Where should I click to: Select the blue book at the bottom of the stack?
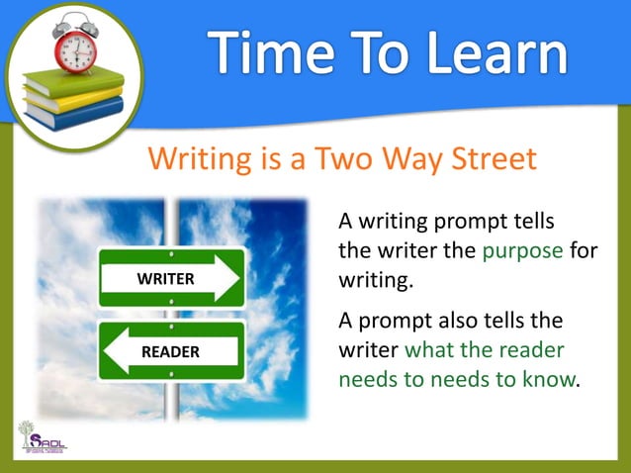click(73, 113)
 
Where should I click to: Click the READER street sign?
click(171, 351)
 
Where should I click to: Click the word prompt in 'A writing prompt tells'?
click(474, 219)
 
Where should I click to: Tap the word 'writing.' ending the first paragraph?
click(374, 280)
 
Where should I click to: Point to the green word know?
click(550, 380)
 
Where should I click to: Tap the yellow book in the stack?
click(73, 97)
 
